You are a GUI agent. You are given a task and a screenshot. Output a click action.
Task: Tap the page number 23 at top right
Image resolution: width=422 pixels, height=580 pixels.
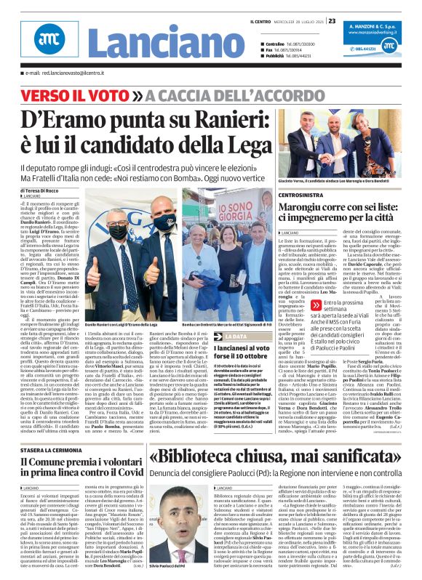pyautogui.click(x=332, y=20)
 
